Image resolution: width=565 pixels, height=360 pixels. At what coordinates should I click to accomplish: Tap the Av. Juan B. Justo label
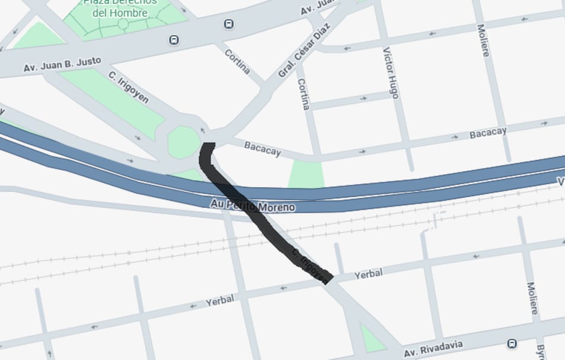click(x=62, y=64)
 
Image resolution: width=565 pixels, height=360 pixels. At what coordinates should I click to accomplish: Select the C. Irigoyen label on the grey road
click(x=128, y=87)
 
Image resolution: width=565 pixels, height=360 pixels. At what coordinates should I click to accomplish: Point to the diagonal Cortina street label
click(x=237, y=61)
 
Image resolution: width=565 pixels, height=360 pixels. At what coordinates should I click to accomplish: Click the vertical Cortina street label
click(x=303, y=94)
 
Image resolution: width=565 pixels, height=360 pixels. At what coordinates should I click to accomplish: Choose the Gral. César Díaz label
click(x=303, y=51)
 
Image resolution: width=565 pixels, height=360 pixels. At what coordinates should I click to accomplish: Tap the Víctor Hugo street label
click(x=390, y=73)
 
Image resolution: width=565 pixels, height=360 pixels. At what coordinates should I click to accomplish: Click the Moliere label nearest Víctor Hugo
click(x=483, y=40)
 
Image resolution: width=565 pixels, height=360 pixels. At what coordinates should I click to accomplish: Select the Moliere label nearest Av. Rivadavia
click(x=532, y=298)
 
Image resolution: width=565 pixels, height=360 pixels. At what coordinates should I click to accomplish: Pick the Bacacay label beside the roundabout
click(x=262, y=148)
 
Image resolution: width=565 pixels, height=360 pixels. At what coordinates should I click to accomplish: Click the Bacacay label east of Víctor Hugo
click(x=488, y=133)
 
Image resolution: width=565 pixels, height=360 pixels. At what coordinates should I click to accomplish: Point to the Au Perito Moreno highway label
click(x=252, y=206)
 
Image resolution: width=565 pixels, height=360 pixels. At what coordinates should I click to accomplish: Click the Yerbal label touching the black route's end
click(x=369, y=274)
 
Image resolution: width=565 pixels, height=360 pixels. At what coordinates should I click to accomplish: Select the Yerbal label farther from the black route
click(x=219, y=300)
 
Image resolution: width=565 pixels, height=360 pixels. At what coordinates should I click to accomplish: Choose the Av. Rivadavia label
click(x=432, y=348)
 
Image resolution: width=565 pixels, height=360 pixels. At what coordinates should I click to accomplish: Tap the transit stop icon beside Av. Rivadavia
click(x=512, y=343)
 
